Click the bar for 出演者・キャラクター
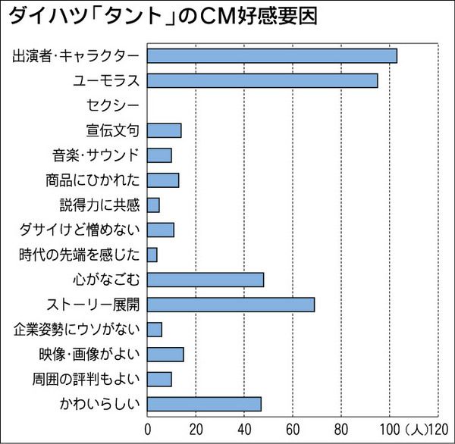click(271, 55)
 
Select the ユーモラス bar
click(262, 80)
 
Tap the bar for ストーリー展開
click(231, 305)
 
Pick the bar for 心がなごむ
click(205, 280)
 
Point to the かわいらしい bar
click(204, 404)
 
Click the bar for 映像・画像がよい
click(165, 354)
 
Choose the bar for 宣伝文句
click(164, 130)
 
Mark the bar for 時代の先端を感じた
click(152, 255)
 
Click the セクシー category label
click(113, 105)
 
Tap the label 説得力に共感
click(99, 205)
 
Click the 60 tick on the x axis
click(293, 429)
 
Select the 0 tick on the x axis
click(147, 429)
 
